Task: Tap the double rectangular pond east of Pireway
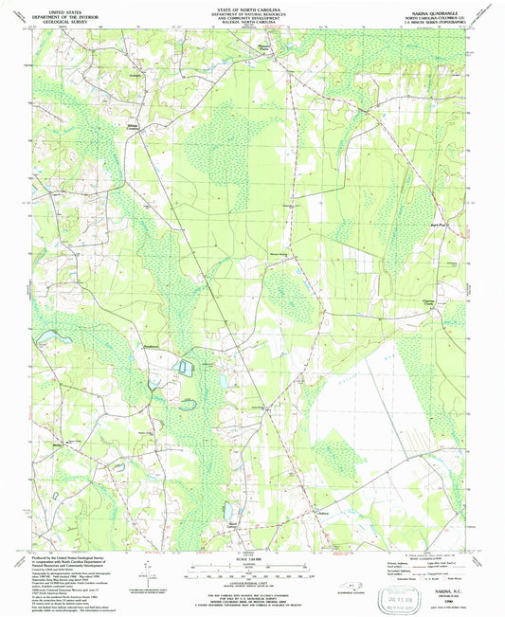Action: (x=186, y=366)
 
